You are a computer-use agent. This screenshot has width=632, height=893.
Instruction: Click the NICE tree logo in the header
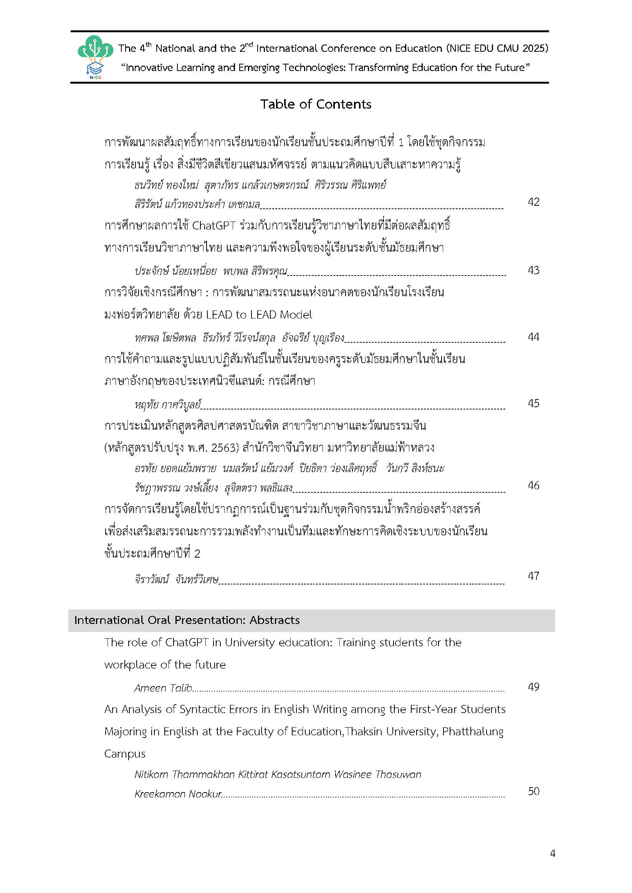point(95,57)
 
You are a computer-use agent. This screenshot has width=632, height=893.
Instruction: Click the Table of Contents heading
point(316,104)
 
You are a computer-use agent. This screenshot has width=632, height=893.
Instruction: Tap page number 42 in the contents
point(534,202)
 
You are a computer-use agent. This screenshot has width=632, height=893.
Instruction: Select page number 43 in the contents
point(534,270)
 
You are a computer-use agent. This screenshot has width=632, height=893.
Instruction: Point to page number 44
point(534,337)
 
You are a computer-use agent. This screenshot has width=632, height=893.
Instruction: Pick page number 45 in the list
point(534,403)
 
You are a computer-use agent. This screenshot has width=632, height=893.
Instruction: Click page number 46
point(534,485)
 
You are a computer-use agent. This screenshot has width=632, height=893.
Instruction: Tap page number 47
point(534,576)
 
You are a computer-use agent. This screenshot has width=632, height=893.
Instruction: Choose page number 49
point(534,687)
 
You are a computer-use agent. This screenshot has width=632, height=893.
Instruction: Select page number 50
point(534,791)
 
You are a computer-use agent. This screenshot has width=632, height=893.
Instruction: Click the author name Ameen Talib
point(164,688)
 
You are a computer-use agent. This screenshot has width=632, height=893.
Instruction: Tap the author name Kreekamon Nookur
point(178,794)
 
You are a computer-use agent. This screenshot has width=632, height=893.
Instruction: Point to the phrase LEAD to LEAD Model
point(259,315)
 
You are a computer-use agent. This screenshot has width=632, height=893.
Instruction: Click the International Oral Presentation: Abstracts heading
point(187,620)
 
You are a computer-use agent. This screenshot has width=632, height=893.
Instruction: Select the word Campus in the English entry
point(124,754)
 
